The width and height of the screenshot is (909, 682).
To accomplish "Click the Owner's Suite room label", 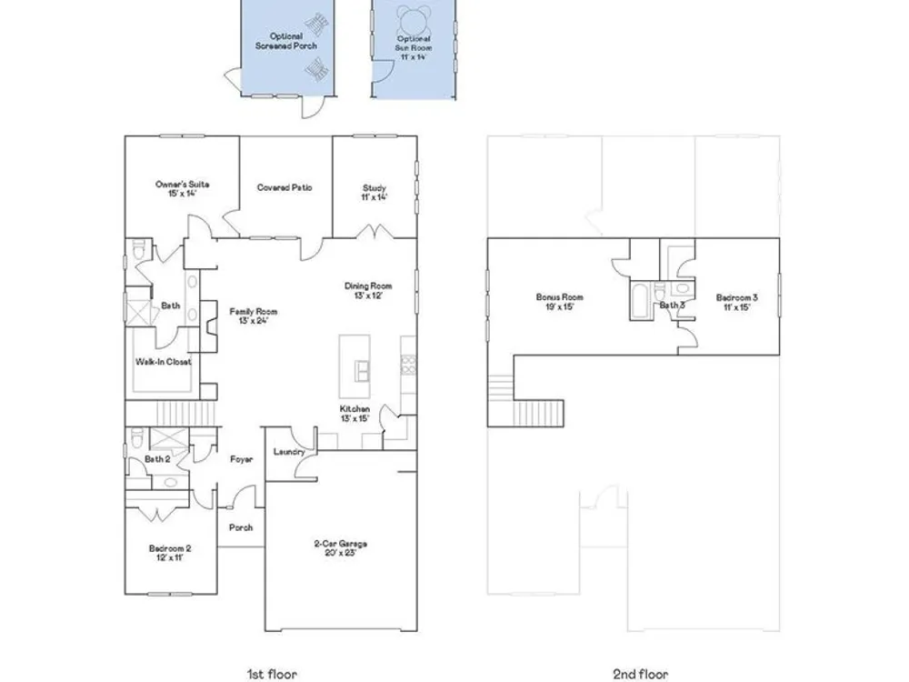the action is (182, 188).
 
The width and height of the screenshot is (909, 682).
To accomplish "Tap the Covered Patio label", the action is (285, 188).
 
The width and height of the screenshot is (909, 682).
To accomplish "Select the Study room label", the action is (375, 192).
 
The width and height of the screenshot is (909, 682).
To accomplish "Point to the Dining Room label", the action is (368, 291).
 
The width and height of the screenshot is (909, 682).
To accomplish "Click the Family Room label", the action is (254, 316).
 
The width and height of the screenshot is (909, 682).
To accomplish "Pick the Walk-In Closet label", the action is (164, 362).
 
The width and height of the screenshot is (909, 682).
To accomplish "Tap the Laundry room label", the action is (289, 452).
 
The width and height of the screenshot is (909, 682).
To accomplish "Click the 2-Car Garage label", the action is (340, 548).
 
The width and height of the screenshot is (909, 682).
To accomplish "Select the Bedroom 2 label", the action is (170, 553).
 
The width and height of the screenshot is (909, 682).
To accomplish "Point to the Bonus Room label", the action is (559, 302).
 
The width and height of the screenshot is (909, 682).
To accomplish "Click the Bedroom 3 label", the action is (737, 302).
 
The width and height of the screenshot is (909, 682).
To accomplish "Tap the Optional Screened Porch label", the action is (286, 41).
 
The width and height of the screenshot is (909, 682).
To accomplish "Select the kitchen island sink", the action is (363, 371).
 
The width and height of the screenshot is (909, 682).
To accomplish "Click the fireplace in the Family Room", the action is (209, 326).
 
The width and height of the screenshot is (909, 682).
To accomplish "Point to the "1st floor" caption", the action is (272, 674).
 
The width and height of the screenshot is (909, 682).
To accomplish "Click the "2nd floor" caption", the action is (641, 674).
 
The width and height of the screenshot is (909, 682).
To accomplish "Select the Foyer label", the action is (241, 459).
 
